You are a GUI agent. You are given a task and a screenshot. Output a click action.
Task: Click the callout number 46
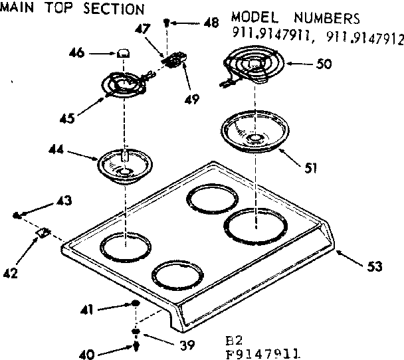[x=78, y=52]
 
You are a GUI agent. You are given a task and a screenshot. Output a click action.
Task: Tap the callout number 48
[x=211, y=23]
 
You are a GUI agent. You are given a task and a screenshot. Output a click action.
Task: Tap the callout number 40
[x=87, y=353]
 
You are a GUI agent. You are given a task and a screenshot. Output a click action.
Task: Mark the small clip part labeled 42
[x=44, y=232]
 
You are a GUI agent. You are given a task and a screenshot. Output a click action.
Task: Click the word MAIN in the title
[x=16, y=9]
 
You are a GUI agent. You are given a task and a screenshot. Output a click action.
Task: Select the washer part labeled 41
[x=135, y=304]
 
